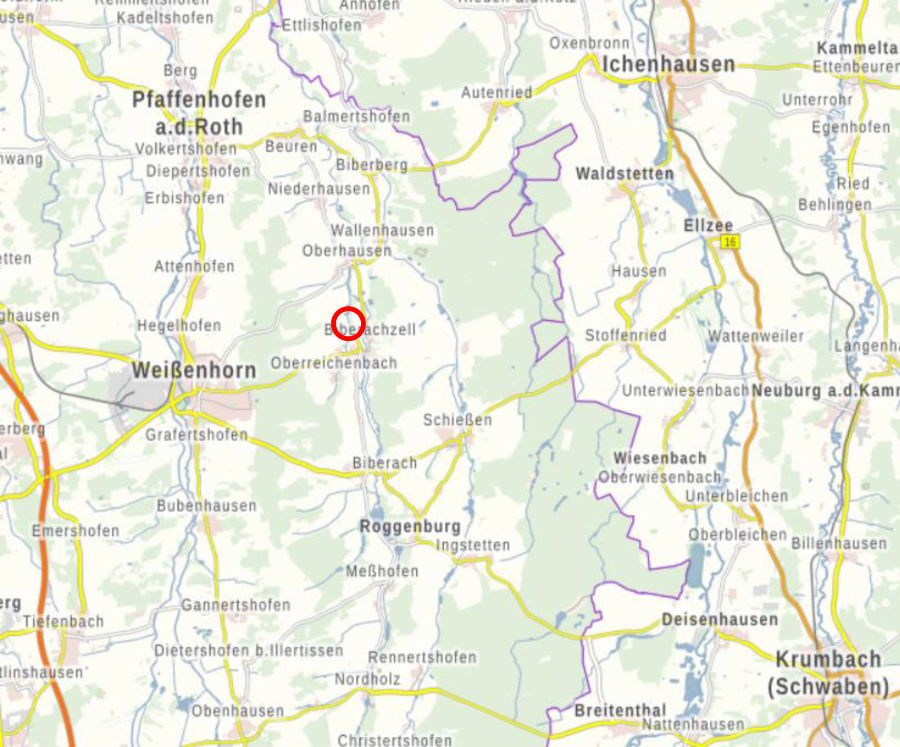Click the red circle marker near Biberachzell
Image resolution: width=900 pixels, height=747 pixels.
tap(348, 324)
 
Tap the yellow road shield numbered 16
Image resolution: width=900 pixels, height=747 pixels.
tap(730, 242)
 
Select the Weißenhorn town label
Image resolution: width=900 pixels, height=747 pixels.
tap(194, 370)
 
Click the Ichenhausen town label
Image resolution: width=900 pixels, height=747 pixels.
tap(668, 65)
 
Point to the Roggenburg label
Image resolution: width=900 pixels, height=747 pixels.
tap(410, 526)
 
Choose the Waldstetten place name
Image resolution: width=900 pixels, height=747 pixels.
tap(625, 174)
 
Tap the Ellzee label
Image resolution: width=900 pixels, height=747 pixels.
tap(708, 225)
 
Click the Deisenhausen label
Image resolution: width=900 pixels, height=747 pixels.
tap(720, 619)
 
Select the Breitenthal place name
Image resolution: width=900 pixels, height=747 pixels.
tap(620, 710)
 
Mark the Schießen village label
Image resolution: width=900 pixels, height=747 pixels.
tap(457, 420)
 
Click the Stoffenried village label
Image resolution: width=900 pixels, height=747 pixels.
tap(626, 335)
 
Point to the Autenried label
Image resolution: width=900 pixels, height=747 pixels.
tap(496, 92)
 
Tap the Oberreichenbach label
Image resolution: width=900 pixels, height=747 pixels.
tap(334, 363)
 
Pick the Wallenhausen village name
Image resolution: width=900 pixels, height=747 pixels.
tap(382, 230)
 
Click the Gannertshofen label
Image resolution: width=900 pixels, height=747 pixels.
tap(236, 605)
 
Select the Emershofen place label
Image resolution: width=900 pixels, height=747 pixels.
tap(76, 531)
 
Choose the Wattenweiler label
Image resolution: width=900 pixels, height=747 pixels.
tap(756, 336)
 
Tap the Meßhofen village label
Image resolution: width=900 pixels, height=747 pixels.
tap(382, 571)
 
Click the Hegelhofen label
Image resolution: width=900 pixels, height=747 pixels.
tap(179, 325)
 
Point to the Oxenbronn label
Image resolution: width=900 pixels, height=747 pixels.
tap(589, 43)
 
